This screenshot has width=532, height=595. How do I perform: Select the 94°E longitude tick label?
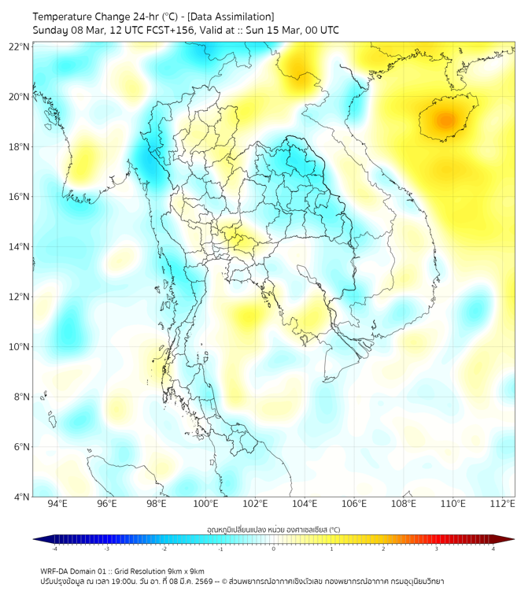coord(57,504)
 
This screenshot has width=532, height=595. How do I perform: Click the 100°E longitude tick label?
coord(206,504)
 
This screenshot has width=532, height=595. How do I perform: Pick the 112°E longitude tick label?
coord(503,504)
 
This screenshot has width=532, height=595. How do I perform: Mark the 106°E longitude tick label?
coord(354,504)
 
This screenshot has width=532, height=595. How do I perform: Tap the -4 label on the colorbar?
coord(54,549)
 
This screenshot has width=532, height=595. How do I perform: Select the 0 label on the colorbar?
coord(274,549)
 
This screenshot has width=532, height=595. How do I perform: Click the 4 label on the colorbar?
coord(493,549)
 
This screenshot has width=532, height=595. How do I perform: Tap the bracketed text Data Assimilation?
coord(235,17)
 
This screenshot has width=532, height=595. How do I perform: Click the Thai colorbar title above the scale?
coord(273,530)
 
